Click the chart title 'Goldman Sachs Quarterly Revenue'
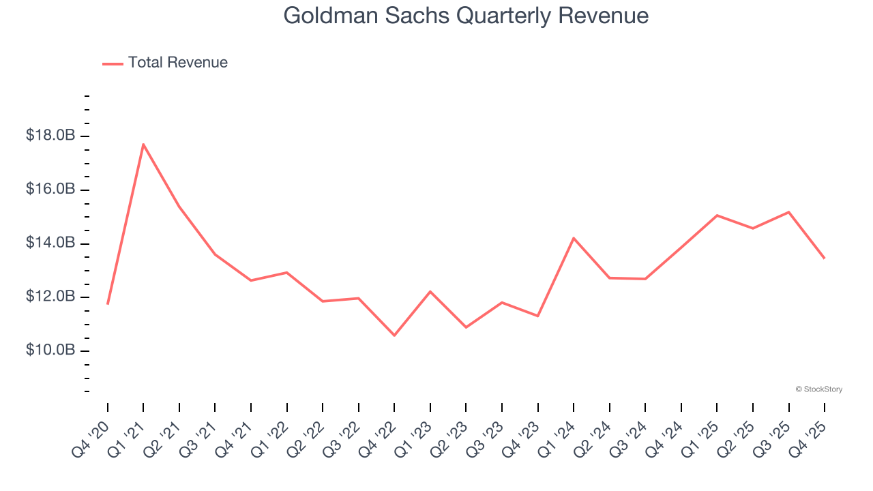466,16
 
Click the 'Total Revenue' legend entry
177,63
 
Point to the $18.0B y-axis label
50,136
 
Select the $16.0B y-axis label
50,189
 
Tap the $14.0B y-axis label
50,243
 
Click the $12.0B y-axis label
50,297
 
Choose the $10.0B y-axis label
50,350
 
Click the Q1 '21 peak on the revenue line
143,144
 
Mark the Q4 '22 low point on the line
394,335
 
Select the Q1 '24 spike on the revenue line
574,238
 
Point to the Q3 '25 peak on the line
788,212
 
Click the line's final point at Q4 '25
824,258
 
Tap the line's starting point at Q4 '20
108,303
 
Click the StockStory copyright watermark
818,389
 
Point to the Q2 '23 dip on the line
466,327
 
